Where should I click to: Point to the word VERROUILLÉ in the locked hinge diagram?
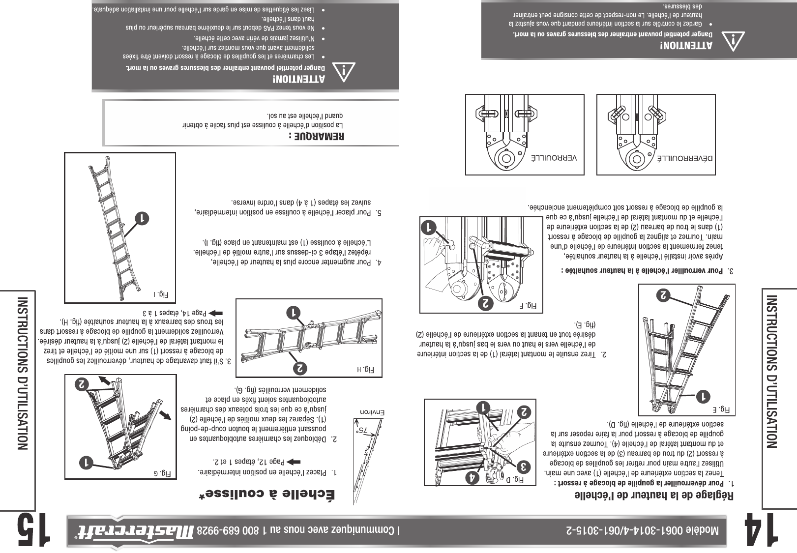coord(554,158)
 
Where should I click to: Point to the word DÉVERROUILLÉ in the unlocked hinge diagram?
coord(685,158)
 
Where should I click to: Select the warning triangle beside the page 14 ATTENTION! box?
coord(733,42)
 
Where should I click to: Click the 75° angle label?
coord(364,431)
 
